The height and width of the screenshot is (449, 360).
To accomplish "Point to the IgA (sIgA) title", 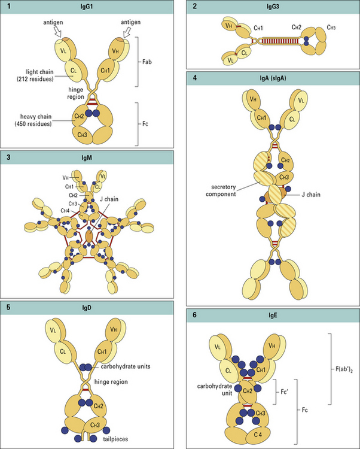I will coord(272,78).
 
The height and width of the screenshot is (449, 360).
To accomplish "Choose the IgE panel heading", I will coord(272,315).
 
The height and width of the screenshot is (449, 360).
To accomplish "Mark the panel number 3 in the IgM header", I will coord(9,157).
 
